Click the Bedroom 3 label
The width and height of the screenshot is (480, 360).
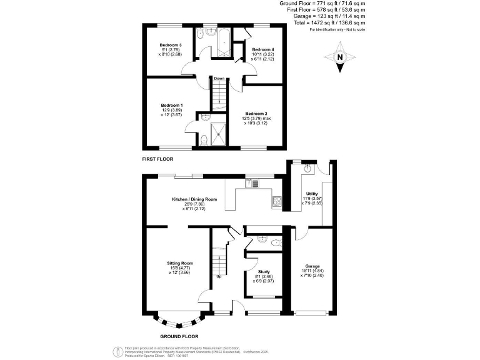pyautogui.click(x=170, y=45)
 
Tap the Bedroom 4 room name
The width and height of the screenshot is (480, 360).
pyautogui.click(x=263, y=49)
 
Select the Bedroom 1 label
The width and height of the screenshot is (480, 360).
pyautogui.click(x=171, y=105)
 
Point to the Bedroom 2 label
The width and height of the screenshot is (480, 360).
pyautogui.click(x=256, y=113)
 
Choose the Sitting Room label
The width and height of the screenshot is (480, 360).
pyautogui.click(x=179, y=263)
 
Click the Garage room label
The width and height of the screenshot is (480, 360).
pyautogui.click(x=312, y=266)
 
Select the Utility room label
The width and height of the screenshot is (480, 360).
pyautogui.click(x=311, y=194)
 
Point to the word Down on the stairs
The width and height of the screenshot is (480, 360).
pyautogui.click(x=219, y=79)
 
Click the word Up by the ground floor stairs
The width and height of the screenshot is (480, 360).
pyautogui.click(x=219, y=276)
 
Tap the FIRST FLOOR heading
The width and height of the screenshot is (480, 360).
pyautogui.click(x=157, y=159)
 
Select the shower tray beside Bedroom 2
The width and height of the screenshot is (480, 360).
pyautogui.click(x=220, y=134)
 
